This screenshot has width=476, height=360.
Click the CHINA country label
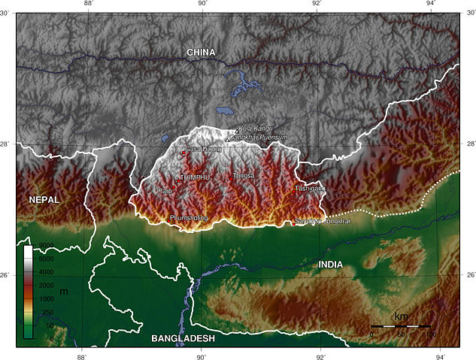coord(202,53)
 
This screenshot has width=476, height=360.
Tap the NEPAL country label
coord(44,199)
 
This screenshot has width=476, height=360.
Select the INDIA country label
coord(330,265)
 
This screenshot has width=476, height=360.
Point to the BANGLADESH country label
coord(183,339)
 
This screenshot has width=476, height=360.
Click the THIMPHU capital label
coord(193,177)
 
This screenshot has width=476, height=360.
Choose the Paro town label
coord(164,192)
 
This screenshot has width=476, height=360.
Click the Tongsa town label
coord(244,176)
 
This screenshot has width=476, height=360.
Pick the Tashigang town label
coord(309,188)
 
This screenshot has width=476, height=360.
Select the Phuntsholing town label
coord(189,218)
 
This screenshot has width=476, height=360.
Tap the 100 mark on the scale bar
coord(431,334)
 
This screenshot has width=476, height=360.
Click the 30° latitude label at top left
coord(7,13)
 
